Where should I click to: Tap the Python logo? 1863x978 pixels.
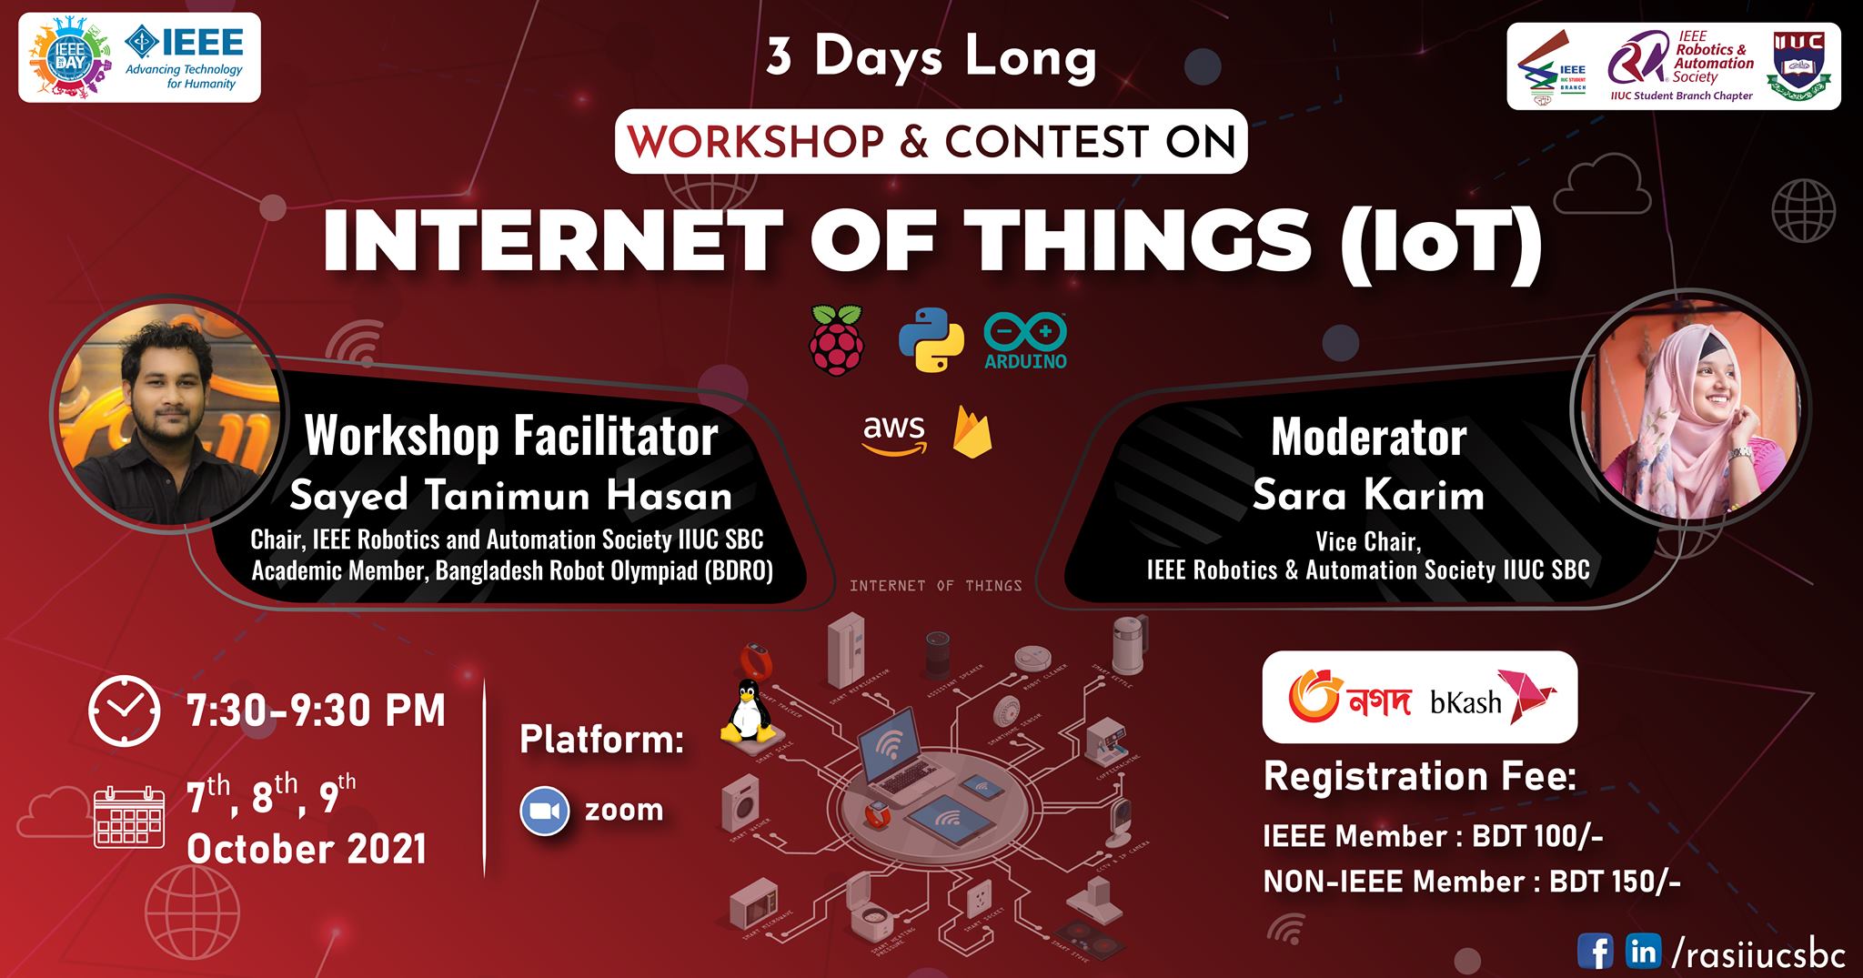click(x=931, y=339)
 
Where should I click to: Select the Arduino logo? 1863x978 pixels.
click(x=1025, y=340)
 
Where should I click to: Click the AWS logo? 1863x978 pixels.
click(x=893, y=434)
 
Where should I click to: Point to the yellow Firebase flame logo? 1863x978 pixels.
click(x=972, y=432)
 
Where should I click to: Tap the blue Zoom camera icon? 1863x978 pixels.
click(x=544, y=811)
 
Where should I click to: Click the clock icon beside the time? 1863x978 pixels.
click(x=124, y=711)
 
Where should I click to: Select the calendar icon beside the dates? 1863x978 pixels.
click(x=129, y=818)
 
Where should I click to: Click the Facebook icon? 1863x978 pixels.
click(x=1595, y=952)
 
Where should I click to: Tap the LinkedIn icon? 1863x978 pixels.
click(x=1643, y=952)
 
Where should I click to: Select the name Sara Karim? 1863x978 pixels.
click(x=1368, y=496)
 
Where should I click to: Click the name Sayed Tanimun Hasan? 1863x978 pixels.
click(x=510, y=497)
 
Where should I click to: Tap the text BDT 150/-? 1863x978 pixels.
click(x=1615, y=881)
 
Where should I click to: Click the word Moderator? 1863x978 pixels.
click(x=1368, y=438)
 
